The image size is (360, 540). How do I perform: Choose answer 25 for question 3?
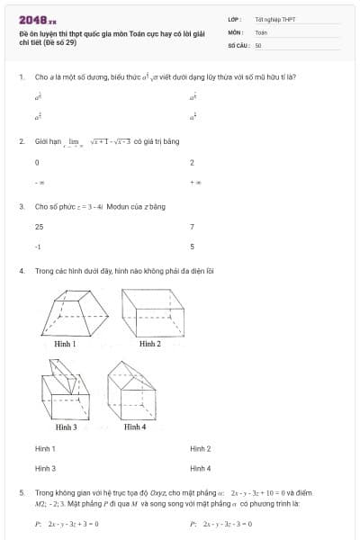click(x=40, y=227)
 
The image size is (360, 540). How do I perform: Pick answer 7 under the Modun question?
click(x=192, y=227)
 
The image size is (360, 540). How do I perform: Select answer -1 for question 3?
click(x=38, y=247)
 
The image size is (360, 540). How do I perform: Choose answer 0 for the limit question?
click(x=37, y=163)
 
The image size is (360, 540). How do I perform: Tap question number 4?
click(x=21, y=270)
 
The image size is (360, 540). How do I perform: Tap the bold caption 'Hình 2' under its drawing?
click(x=150, y=344)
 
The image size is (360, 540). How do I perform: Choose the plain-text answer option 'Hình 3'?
click(x=45, y=468)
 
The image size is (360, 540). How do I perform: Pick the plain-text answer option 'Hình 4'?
click(x=201, y=468)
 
